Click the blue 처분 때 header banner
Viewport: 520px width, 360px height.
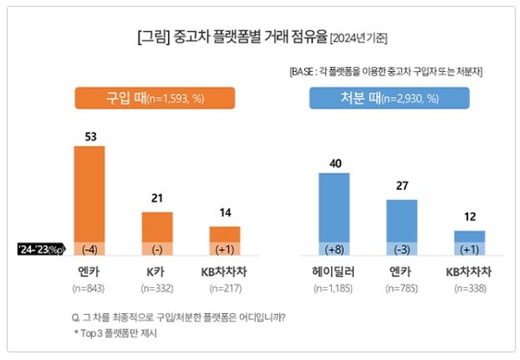(x=374, y=98)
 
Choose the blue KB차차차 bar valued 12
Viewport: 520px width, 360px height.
(x=470, y=237)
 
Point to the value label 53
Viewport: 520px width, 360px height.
(x=88, y=135)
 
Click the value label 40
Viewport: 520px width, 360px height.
(x=335, y=161)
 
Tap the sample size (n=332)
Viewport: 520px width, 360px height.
(x=157, y=288)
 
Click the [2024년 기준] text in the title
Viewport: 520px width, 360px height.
(x=358, y=38)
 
